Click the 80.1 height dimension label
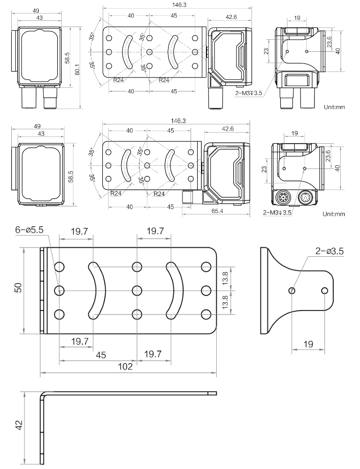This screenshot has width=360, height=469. [77, 69]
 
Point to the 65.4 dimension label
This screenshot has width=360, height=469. [217, 211]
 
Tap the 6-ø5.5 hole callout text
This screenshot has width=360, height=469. [29, 230]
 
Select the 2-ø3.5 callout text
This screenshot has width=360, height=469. [329, 251]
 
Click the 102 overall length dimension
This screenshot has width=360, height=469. [125, 366]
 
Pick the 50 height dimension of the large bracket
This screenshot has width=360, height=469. [18, 287]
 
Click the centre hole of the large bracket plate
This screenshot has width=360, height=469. [137, 290]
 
